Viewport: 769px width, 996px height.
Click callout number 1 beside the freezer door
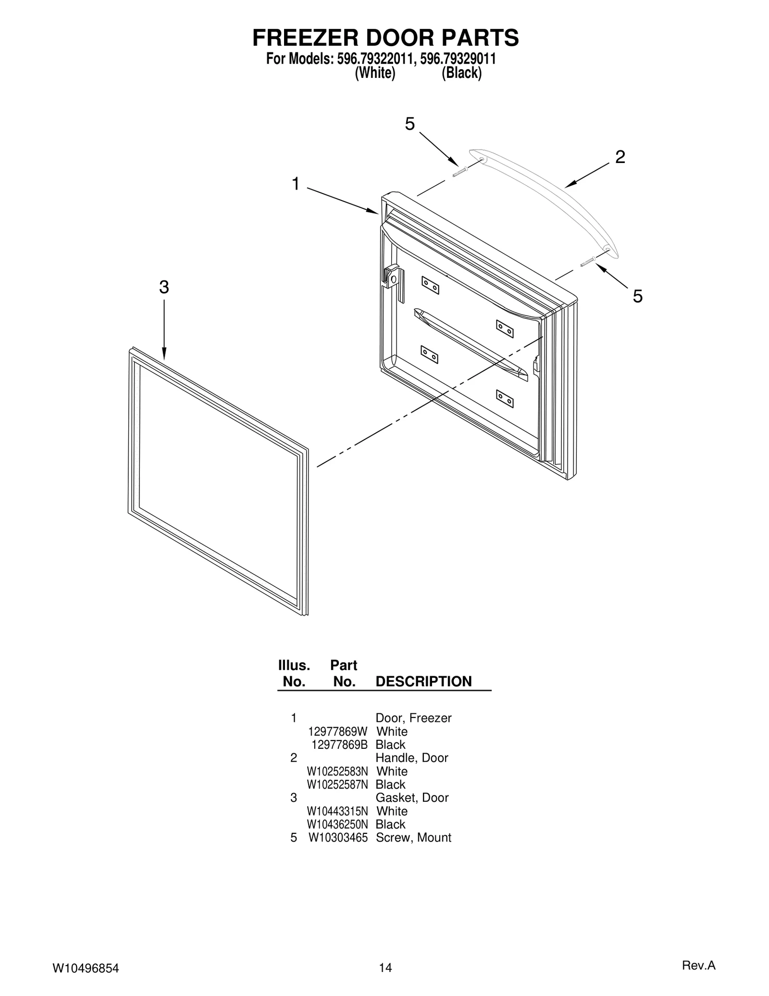(x=296, y=184)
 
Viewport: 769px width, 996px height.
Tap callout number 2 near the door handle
(x=620, y=157)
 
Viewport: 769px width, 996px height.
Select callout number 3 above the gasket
(x=164, y=288)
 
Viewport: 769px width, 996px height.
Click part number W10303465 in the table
(x=338, y=837)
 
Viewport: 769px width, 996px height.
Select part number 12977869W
(x=337, y=731)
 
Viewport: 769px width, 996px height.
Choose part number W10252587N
(x=337, y=784)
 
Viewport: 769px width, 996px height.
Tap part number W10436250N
(x=337, y=824)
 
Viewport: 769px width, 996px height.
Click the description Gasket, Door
(x=412, y=797)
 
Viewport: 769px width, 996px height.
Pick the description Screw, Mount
(x=413, y=837)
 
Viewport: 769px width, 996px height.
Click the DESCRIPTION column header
(x=423, y=681)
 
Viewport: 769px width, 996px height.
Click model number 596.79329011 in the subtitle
(x=458, y=59)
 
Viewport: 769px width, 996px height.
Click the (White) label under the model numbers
(x=375, y=73)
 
